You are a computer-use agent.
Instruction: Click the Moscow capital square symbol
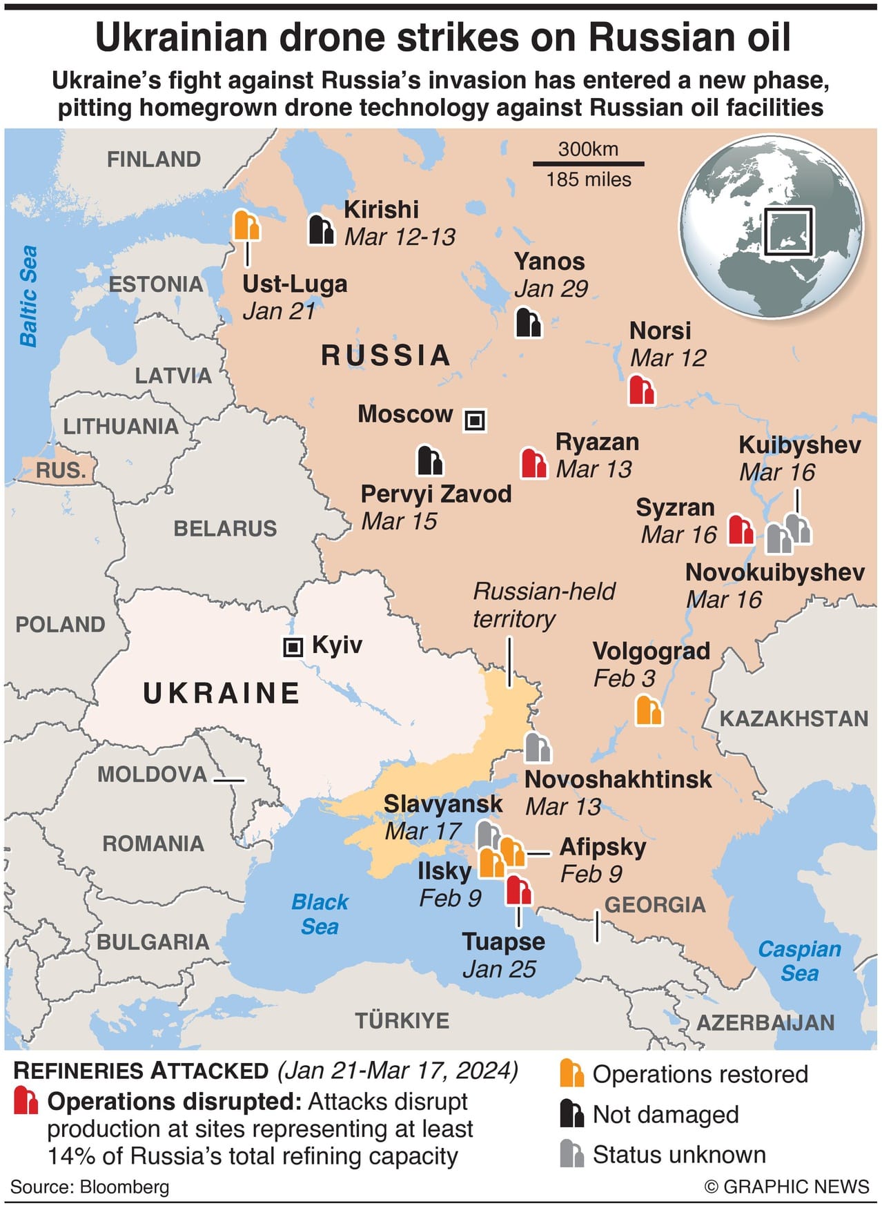[x=475, y=420]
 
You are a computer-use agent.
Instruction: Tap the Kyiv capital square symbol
[x=293, y=647]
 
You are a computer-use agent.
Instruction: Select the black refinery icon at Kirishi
[x=321, y=229]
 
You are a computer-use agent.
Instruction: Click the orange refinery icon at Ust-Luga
[x=246, y=224]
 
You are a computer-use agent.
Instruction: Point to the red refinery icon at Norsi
[x=641, y=390]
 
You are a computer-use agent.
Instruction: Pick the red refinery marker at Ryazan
[x=534, y=463]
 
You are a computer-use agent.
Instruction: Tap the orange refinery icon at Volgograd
[x=648, y=710]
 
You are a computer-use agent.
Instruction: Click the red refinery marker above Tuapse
[x=518, y=890]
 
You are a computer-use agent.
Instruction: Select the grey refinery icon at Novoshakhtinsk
[x=538, y=748]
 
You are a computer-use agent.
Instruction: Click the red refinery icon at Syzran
[x=741, y=529]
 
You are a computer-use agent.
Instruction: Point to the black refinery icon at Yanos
[x=529, y=322]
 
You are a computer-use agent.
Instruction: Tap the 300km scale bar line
[x=588, y=164]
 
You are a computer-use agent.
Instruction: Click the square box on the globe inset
[x=788, y=231]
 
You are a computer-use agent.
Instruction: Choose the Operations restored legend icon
[x=572, y=1073]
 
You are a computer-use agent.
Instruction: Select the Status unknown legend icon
[x=572, y=1153]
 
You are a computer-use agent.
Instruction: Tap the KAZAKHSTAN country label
[x=794, y=719]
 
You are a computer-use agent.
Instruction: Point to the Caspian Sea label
[x=799, y=961]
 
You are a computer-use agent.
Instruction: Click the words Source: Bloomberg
[x=90, y=1187]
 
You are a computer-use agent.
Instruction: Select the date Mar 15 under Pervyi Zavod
[x=399, y=521]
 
